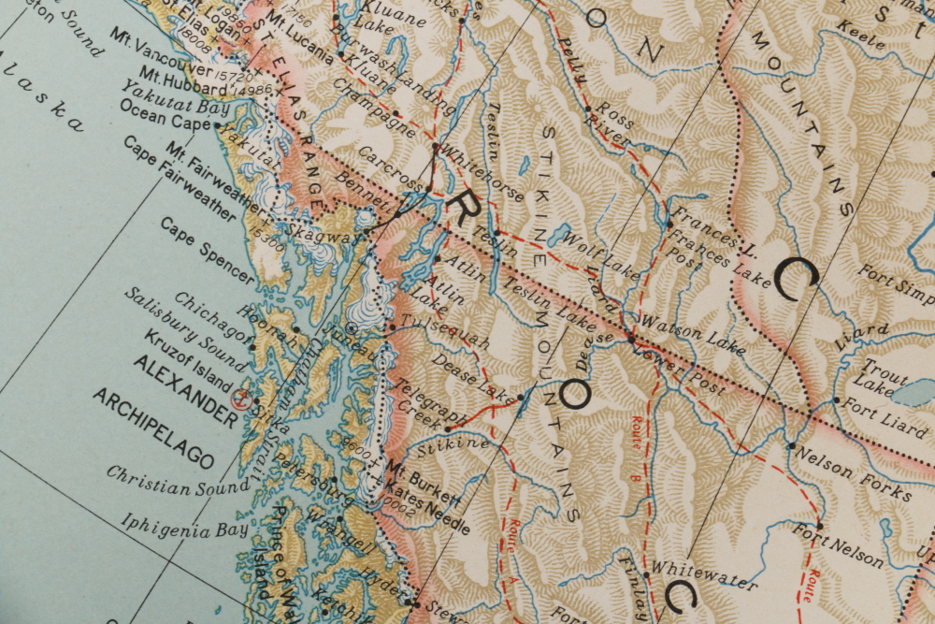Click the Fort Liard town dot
pyautogui.click(x=837, y=400)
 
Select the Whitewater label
pyautogui.click(x=703, y=574)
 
